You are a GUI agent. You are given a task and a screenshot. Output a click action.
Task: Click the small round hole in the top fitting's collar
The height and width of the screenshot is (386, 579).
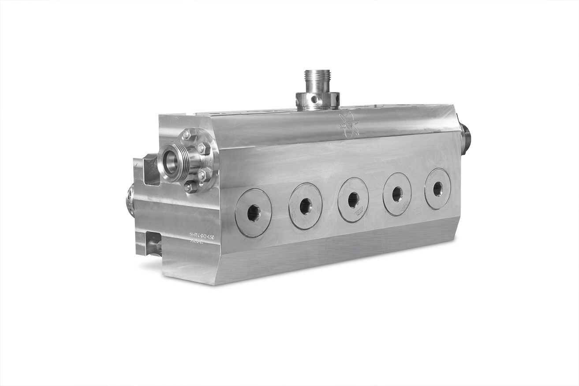314,99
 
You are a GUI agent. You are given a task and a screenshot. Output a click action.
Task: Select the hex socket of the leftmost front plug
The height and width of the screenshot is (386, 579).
254,213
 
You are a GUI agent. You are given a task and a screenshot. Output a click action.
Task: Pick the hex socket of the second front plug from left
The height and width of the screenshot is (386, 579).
306,206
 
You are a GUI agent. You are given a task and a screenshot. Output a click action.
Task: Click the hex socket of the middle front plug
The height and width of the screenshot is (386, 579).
353,200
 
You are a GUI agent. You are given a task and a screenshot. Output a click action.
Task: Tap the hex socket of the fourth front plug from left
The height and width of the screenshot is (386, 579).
397,194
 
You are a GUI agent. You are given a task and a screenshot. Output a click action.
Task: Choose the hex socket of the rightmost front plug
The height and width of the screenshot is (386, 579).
437,189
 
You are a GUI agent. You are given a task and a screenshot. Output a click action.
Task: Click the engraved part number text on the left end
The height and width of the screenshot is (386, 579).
202,238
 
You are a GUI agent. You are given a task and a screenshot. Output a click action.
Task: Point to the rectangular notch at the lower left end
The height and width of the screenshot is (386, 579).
153,243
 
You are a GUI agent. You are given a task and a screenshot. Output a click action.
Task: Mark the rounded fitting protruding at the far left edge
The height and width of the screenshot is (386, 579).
131,201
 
